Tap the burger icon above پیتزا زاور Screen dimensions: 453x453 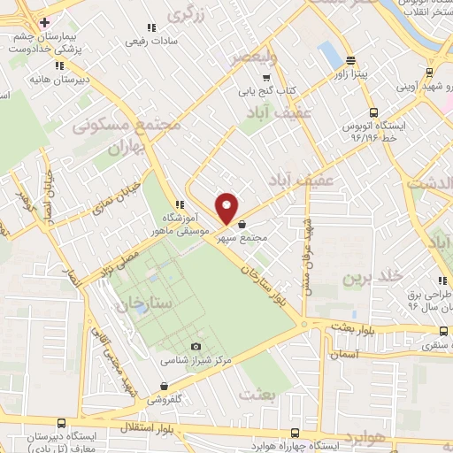[x=351, y=61]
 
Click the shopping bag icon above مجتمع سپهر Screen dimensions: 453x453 [x=242, y=226]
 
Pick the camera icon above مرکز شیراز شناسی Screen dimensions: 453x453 [x=196, y=347]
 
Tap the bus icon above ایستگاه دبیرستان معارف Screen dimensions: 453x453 [x=58, y=425]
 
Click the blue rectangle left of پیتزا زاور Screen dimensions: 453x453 [x=330, y=56]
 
